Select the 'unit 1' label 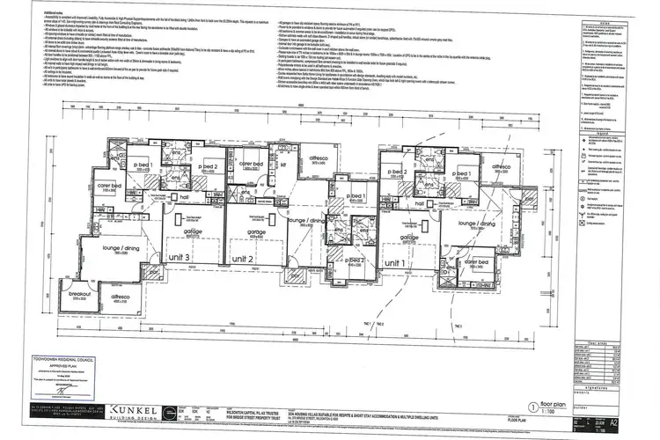pos(395,263)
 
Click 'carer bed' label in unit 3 pos(109,186)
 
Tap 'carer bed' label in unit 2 pos(252,165)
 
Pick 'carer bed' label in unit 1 pos(476,262)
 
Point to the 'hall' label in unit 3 pos(185,198)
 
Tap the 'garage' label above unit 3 pos(193,231)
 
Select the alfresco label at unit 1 pos(501,166)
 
